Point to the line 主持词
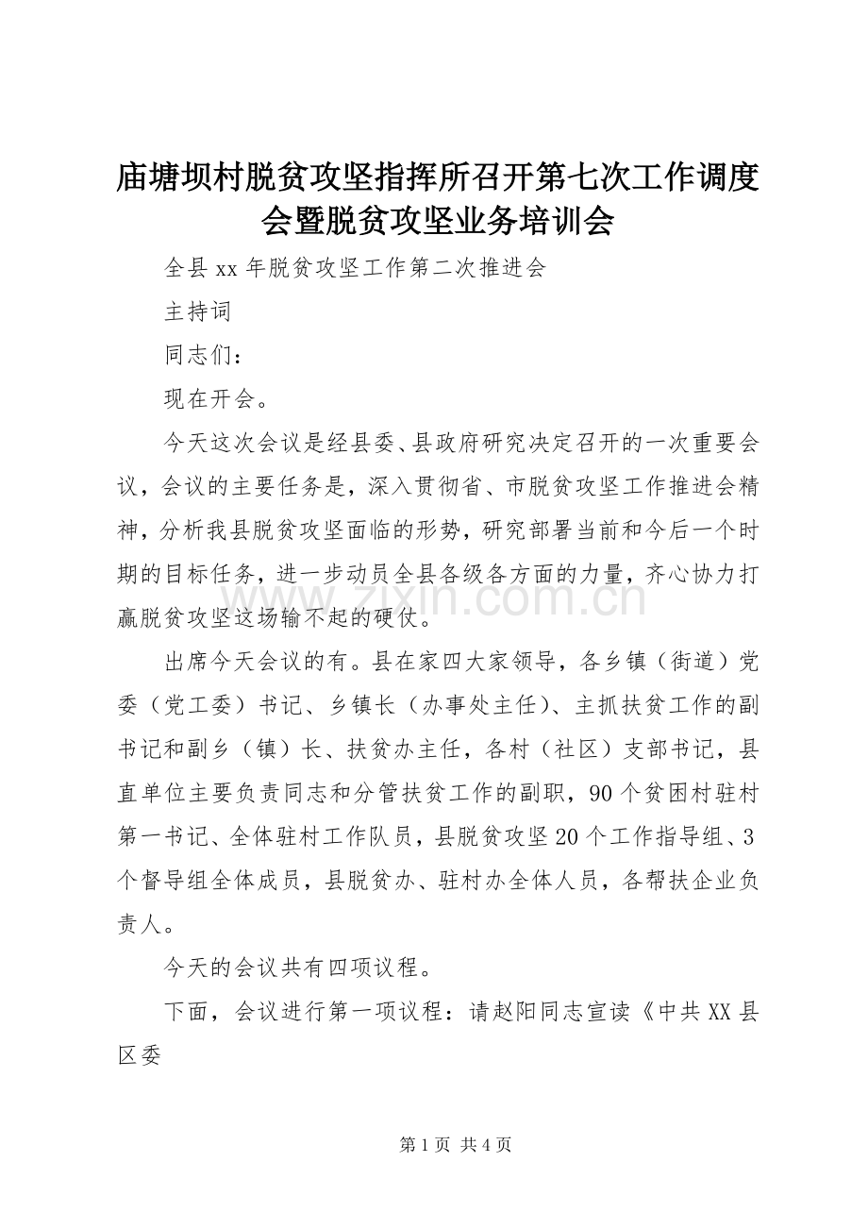[197, 312]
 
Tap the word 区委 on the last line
[140, 1054]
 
